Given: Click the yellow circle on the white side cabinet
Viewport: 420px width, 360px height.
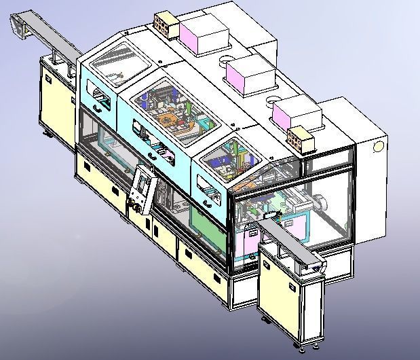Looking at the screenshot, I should tap(378, 145).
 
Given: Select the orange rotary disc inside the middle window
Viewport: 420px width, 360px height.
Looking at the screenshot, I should tap(174, 123).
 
